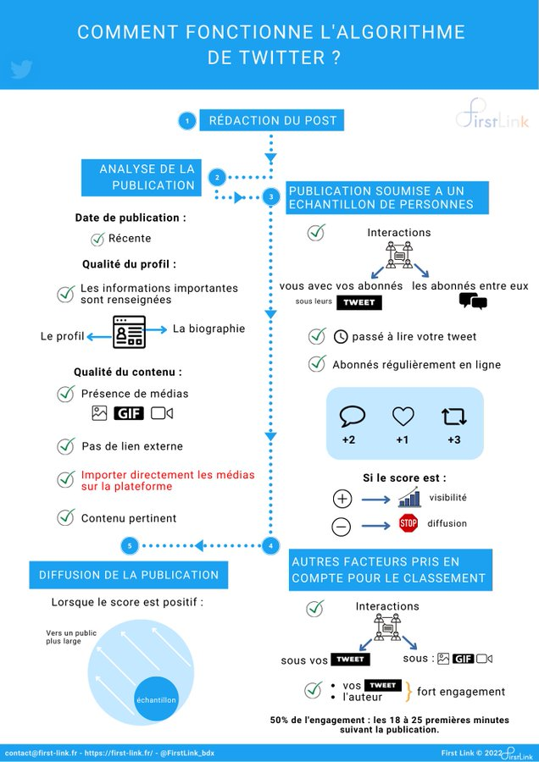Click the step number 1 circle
click(186, 121)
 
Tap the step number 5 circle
click(130, 546)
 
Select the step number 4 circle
click(270, 546)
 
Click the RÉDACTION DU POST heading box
click(272, 121)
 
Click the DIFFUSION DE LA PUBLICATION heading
click(129, 575)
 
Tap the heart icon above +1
click(403, 417)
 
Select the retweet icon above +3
click(453, 417)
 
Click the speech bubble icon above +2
click(352, 417)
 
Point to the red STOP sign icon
click(408, 523)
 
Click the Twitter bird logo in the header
click(21, 69)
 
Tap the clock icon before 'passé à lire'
click(341, 337)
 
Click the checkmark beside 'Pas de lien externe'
click(65, 446)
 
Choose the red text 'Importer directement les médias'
click(168, 475)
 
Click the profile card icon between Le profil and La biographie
click(129, 333)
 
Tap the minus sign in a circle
click(342, 527)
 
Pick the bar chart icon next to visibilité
click(409, 498)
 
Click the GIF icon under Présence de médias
click(129, 414)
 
